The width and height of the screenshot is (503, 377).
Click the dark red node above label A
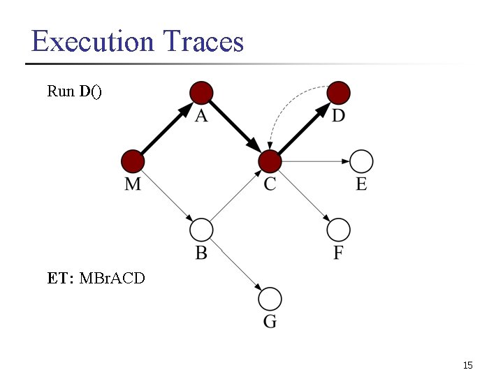point(201,92)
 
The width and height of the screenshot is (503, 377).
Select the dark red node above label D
point(339,92)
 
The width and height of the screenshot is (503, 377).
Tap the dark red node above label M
point(133,161)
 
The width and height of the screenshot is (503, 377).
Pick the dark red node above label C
point(270,161)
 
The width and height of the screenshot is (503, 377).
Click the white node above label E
point(361,161)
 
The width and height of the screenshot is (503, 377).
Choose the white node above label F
point(339,230)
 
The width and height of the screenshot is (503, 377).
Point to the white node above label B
point(201,230)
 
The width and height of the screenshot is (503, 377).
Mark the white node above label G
point(270,299)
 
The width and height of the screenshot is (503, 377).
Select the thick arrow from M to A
point(167,127)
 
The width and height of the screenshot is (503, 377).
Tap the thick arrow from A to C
point(235,127)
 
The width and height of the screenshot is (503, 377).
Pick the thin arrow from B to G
point(235,265)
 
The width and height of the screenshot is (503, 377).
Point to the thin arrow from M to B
point(167,195)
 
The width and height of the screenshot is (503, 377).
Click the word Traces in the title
point(203,42)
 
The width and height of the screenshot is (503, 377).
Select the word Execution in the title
point(92,42)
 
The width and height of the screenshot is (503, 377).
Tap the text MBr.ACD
point(112,279)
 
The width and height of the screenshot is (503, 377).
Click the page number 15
point(467,365)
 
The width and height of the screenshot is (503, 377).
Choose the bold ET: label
point(61,279)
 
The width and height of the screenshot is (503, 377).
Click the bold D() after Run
point(90,91)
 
